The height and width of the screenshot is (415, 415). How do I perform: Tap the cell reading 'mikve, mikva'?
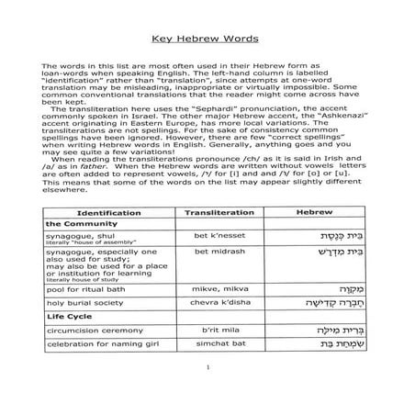click(219, 287)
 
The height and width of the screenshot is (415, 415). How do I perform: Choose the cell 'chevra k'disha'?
click(219, 300)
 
